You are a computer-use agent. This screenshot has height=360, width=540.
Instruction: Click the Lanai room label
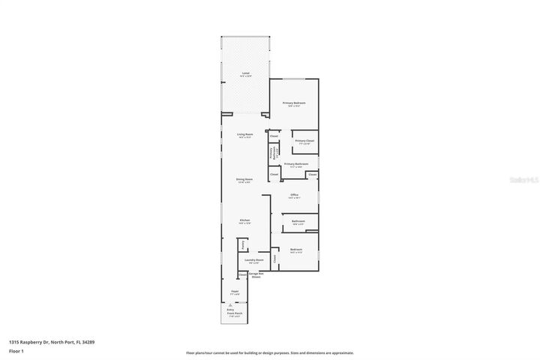coord(244,73)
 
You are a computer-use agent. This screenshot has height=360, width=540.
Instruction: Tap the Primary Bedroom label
coord(294,103)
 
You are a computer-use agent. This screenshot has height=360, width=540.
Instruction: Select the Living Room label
coord(245,134)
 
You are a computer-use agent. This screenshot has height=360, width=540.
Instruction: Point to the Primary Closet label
coord(304,141)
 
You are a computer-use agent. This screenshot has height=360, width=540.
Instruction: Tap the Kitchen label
coord(244,220)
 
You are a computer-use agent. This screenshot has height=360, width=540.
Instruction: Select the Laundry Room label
coord(254,259)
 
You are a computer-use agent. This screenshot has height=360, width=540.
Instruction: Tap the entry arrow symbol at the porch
coord(230,304)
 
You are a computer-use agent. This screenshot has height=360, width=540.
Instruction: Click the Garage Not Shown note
coord(254,276)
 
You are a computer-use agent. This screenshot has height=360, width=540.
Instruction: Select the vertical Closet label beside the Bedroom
coord(274,258)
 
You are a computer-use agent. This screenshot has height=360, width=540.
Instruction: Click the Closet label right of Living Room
coord(274,136)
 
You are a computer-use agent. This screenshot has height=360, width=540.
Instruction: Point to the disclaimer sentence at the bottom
coord(270,352)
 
